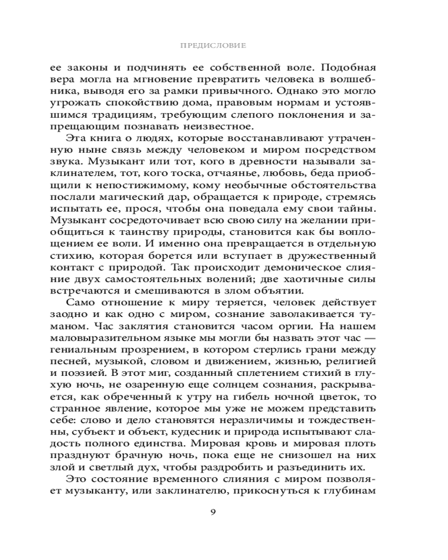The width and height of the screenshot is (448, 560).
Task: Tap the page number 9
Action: click(x=213, y=514)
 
